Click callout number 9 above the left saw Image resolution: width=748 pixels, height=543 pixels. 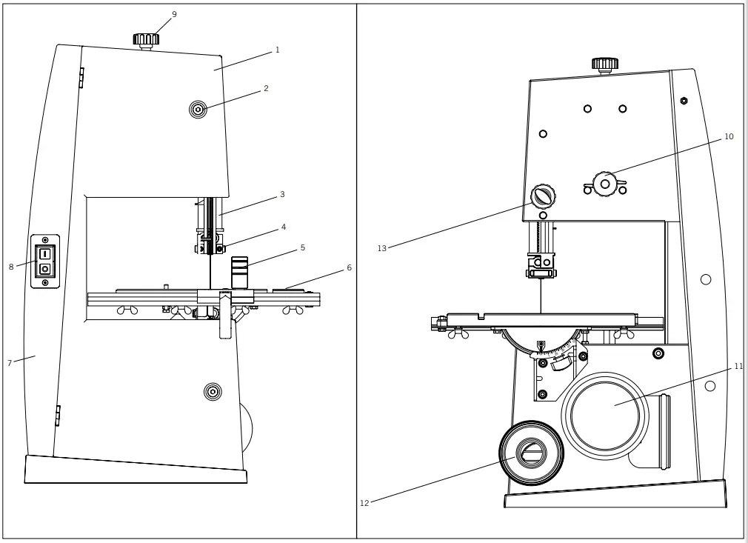[174, 14]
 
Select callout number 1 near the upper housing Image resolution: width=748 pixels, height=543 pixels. [277, 50]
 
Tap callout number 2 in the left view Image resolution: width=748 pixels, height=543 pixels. [266, 88]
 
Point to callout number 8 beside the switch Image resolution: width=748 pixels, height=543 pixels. [11, 267]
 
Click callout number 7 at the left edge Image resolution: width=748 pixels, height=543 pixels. [9, 363]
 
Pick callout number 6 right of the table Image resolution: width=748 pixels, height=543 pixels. [349, 267]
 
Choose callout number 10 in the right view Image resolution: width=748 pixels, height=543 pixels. [729, 136]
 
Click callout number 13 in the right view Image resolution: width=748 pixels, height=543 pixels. [381, 248]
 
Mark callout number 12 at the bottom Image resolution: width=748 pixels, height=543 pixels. [364, 503]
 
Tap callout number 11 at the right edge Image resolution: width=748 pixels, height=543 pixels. [738, 366]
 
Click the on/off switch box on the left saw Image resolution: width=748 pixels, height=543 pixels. [45, 261]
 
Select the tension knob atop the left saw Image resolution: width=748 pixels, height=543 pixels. [146, 39]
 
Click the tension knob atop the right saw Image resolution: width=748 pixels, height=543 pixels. [605, 64]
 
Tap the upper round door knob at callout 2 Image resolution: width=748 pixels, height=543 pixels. [198, 110]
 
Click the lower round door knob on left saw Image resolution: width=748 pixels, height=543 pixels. [213, 392]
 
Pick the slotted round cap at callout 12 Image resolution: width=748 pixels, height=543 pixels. [531, 453]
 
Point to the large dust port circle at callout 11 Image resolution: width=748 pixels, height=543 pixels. [605, 416]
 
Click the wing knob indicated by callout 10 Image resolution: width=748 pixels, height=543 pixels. [605, 184]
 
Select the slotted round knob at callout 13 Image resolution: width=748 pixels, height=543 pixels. [543, 197]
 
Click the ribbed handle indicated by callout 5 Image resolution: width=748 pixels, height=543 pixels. [238, 272]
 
